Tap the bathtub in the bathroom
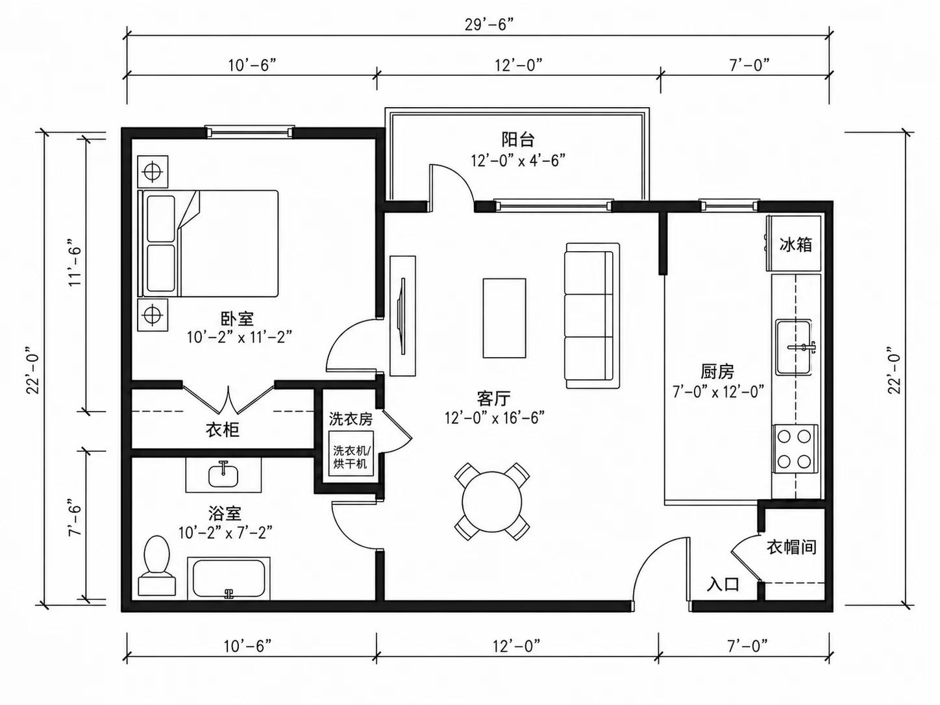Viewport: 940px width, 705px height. (229, 578)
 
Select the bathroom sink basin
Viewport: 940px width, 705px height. (223, 476)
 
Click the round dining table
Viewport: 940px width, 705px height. (492, 501)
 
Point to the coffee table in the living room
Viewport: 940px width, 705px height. (504, 318)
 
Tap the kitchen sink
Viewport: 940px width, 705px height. (793, 347)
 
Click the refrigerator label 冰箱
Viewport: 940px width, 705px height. (796, 245)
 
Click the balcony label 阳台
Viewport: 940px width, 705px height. (518, 140)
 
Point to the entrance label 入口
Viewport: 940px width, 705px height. (723, 584)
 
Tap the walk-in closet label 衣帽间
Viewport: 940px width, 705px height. (791, 547)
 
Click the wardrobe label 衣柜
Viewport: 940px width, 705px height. (223, 430)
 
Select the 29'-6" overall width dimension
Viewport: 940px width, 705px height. (489, 25)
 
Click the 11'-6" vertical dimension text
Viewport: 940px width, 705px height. (75, 266)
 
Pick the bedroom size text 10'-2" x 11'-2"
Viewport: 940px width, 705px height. (240, 338)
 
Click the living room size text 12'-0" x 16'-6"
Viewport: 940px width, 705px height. (495, 417)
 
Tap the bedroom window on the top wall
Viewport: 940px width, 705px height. (250, 132)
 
